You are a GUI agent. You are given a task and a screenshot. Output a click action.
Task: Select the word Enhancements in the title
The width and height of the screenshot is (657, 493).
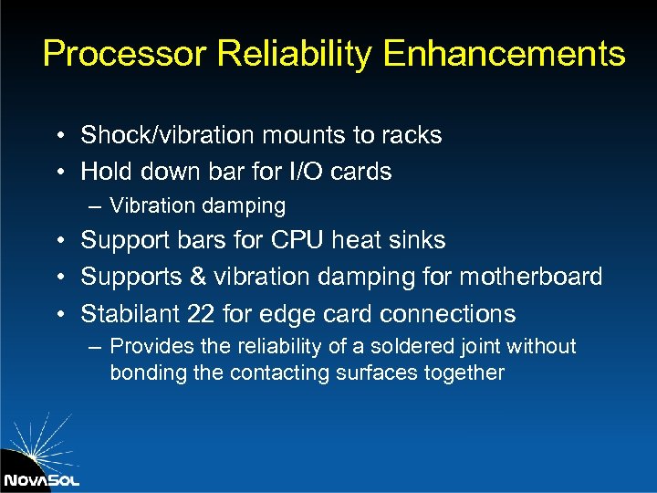pos(504,54)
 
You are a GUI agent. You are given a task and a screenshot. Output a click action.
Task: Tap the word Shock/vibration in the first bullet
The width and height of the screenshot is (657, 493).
pos(167,136)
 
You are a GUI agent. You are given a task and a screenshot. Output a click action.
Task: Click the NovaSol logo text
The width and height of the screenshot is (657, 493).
pos(41,479)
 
